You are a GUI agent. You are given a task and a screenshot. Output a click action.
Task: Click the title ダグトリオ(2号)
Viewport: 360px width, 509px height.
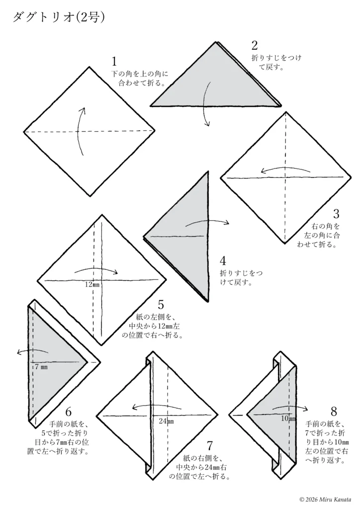[59, 17]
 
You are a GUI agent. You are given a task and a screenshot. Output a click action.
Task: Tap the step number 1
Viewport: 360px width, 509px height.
[114, 61]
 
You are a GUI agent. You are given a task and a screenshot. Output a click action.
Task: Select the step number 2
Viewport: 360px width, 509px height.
[255, 45]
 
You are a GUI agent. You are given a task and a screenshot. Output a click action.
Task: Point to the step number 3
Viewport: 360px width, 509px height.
[336, 214]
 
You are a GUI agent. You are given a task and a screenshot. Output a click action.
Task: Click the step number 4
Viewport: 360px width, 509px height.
[223, 260]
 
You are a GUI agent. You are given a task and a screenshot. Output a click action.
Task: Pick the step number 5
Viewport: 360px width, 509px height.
[161, 305]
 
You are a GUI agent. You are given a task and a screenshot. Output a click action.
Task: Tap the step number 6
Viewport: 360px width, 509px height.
[69, 412]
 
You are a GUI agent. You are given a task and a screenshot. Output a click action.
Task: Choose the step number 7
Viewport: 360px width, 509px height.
[210, 446]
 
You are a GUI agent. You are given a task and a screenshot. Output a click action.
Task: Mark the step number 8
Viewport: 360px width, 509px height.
[334, 412]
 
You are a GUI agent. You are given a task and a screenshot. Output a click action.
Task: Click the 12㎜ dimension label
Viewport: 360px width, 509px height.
[92, 285]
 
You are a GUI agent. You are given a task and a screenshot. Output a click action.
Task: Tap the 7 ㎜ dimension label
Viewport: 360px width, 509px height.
[41, 367]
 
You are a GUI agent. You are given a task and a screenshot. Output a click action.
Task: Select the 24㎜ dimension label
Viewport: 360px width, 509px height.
[166, 421]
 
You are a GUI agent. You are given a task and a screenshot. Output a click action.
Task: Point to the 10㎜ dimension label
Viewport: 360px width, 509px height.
[288, 419]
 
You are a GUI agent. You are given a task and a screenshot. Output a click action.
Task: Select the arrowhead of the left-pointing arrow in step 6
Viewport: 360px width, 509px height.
[19, 352]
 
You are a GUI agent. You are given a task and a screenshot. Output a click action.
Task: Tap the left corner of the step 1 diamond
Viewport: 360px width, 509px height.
[24, 132]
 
